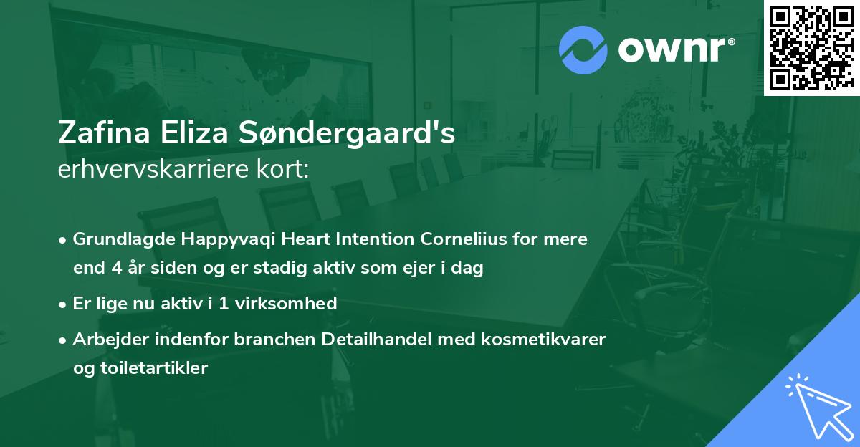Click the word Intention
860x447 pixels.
[x=371, y=239]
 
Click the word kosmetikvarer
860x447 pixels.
[x=553, y=339]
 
